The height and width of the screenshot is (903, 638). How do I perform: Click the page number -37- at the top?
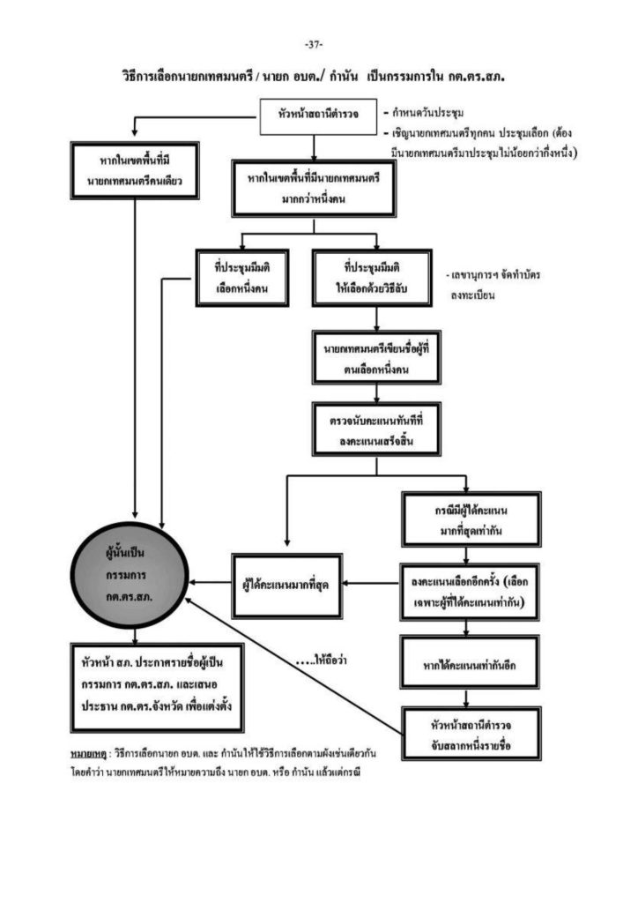click(314, 44)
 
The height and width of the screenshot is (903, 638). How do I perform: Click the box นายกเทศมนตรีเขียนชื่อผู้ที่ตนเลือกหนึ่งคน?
click(375, 354)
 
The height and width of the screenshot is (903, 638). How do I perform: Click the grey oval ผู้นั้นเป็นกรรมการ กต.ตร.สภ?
click(134, 573)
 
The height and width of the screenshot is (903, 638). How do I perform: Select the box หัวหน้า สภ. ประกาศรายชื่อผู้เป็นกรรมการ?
click(157, 685)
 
